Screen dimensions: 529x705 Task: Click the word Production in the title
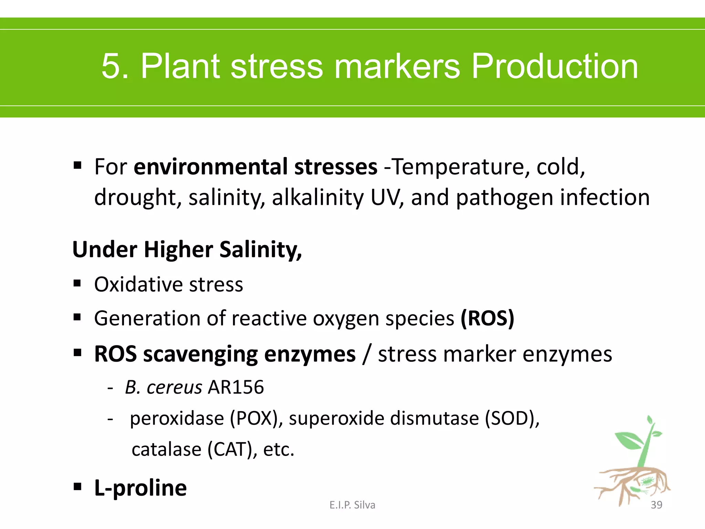click(x=554, y=66)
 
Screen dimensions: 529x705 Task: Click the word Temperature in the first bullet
click(x=456, y=167)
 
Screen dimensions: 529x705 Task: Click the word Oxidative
click(x=138, y=284)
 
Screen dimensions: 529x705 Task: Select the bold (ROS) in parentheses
click(x=487, y=318)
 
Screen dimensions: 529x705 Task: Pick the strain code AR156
click(x=236, y=387)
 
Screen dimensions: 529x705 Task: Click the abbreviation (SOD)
click(x=512, y=418)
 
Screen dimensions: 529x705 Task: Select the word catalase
click(x=166, y=449)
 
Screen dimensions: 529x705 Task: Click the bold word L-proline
click(x=140, y=488)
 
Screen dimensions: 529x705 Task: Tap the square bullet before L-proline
click(x=77, y=487)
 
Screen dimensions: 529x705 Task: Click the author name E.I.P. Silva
click(x=352, y=505)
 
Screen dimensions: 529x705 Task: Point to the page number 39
click(x=656, y=505)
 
